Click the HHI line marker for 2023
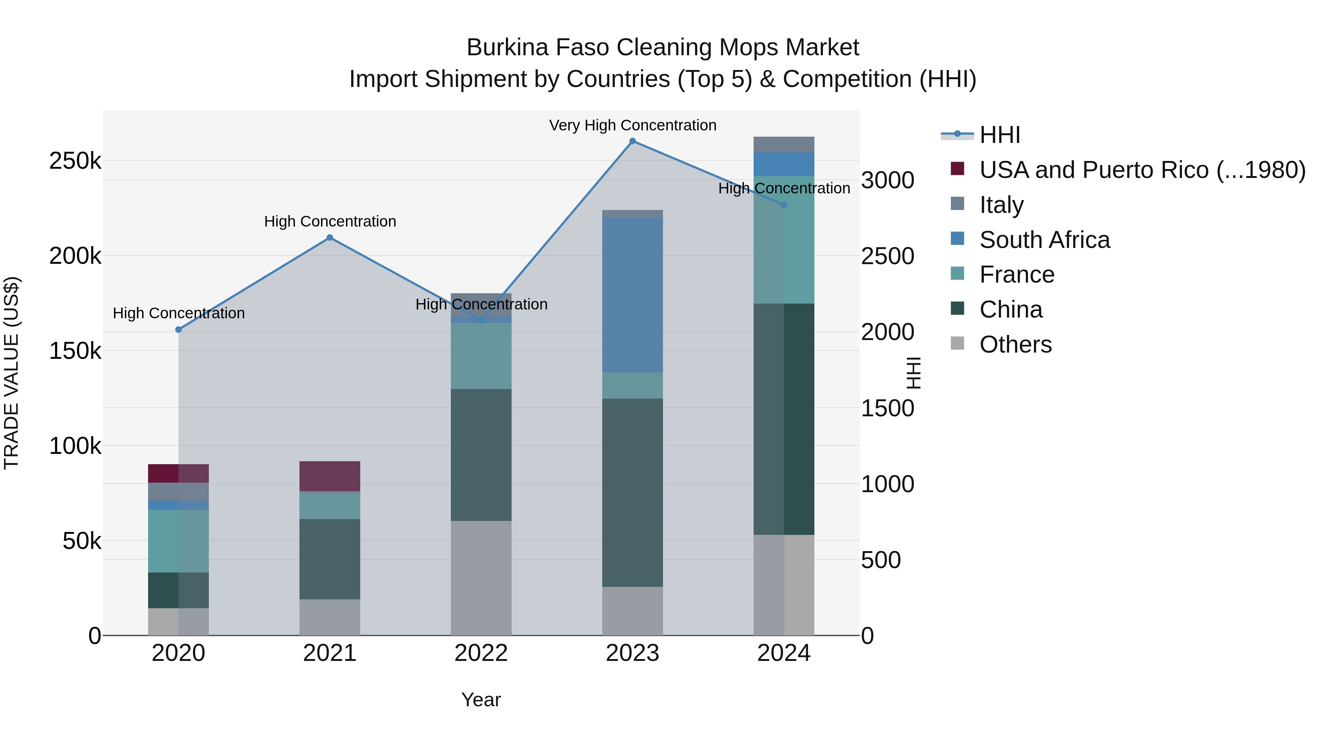[x=633, y=141]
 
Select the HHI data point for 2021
[x=330, y=238]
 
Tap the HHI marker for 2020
[x=179, y=329]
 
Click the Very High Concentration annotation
[x=633, y=125]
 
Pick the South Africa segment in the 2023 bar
[x=633, y=295]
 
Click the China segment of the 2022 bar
[x=481, y=455]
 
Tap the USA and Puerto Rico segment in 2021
[x=330, y=476]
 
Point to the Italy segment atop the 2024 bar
[x=784, y=145]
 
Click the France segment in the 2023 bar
[x=633, y=386]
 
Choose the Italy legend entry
[x=1001, y=205]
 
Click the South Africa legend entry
[x=1045, y=240]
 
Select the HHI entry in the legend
[x=999, y=135]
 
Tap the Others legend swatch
[x=957, y=343]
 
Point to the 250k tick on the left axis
[x=75, y=161]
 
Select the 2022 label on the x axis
[x=481, y=653]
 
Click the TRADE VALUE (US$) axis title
[x=11, y=373]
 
